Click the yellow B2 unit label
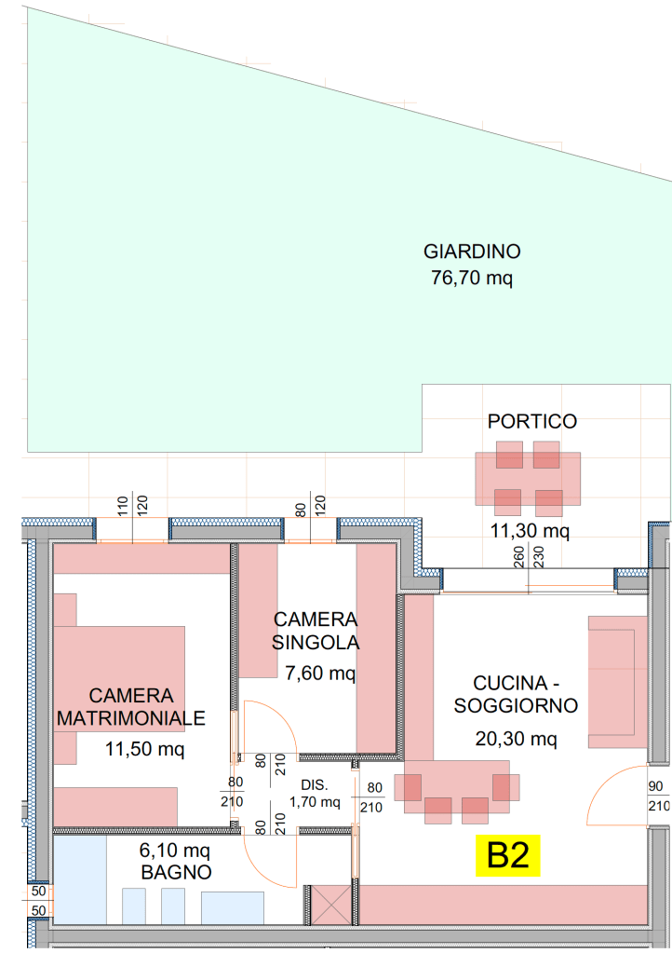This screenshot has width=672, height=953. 507,855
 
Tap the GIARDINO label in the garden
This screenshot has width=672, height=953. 472,251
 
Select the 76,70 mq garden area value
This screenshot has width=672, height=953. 472,278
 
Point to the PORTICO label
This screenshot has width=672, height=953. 531,421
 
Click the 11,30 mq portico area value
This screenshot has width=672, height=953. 530,531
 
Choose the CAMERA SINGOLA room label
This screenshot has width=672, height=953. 316,631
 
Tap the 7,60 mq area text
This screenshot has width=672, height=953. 320,673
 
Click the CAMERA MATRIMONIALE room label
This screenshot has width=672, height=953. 131,706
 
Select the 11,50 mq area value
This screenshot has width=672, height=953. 144,749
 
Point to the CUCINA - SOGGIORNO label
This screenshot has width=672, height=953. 516,694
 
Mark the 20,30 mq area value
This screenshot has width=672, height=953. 516,739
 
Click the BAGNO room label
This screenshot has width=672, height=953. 176,872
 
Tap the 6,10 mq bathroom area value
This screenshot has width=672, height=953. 175,850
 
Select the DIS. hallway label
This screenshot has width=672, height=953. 314,784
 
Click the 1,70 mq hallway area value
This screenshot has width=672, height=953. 315,802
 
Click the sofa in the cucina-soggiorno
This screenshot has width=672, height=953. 617,682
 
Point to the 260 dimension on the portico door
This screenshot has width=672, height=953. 518,557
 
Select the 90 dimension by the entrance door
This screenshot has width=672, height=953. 655,786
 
